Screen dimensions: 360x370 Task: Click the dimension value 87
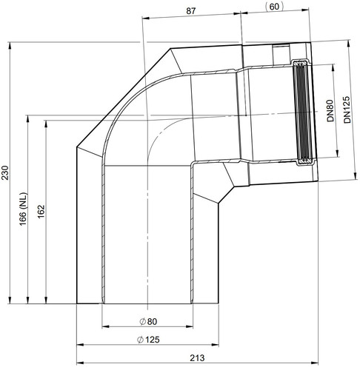(191, 11)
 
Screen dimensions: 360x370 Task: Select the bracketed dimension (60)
(274, 7)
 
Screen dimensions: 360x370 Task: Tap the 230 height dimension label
(5, 173)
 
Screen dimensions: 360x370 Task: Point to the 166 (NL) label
(23, 209)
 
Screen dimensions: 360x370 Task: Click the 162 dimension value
(41, 212)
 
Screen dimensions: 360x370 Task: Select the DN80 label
(330, 111)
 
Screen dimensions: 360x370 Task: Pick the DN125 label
(347, 110)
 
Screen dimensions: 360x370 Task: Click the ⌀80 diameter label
(148, 321)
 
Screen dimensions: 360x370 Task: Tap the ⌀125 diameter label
(148, 340)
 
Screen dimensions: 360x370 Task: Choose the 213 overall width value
(197, 357)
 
